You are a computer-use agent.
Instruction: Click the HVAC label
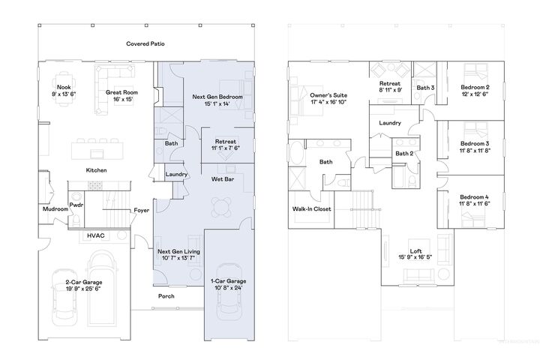[x=97, y=235]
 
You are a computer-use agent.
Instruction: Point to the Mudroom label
[x=55, y=209]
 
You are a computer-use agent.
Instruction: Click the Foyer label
[x=142, y=210]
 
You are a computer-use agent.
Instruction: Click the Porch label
[x=166, y=295]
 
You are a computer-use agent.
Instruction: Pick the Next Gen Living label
[x=178, y=253]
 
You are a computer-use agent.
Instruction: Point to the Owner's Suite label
[x=328, y=96]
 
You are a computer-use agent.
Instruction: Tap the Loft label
[x=415, y=251]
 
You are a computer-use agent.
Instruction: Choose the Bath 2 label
[x=404, y=154]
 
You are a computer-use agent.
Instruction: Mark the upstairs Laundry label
[x=390, y=123]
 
